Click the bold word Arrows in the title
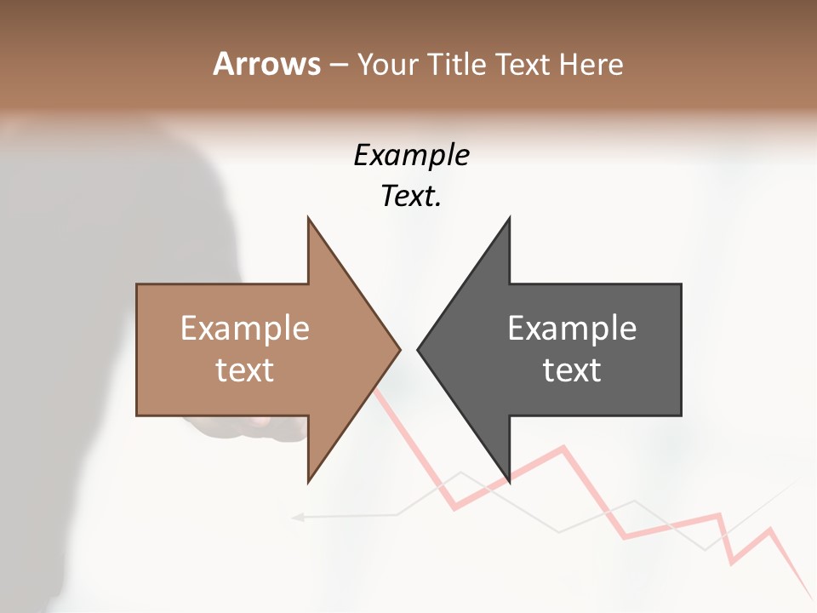coord(267,64)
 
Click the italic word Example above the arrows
coord(411,155)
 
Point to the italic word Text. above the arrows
coord(411,196)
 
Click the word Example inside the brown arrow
coord(245,328)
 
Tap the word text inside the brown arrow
coord(245,370)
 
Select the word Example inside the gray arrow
coord(572,328)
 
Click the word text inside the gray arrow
coord(572,370)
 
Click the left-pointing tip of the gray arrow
coord(419,349)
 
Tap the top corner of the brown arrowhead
coord(308,219)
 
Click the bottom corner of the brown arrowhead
coord(308,481)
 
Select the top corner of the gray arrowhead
coord(509,219)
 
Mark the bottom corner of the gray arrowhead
coord(509,481)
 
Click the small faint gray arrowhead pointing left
coord(297,516)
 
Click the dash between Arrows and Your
coord(338,65)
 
